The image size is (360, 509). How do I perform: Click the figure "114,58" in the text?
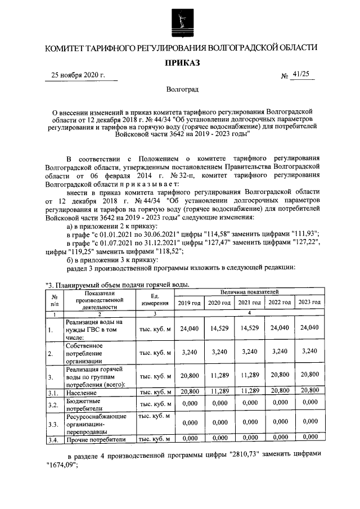[x=221, y=234]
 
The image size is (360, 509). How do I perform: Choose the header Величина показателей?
[x=249, y=292]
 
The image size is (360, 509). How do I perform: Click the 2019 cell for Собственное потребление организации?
[x=188, y=352]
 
